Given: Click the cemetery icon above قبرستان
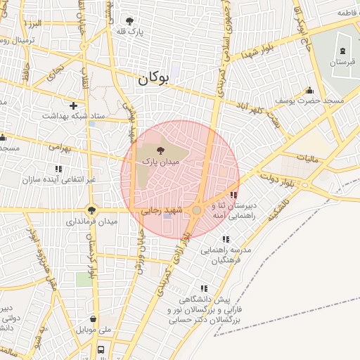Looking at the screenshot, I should pyautogui.click(x=342, y=51).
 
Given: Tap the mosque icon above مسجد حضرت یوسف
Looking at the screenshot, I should pyautogui.click(x=309, y=90).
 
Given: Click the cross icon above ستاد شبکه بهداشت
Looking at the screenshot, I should pyautogui.click(x=72, y=105).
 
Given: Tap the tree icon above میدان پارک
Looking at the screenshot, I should pyautogui.click(x=161, y=150).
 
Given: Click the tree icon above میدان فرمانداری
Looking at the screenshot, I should pyautogui.click(x=91, y=209).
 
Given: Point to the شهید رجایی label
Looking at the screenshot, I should pyautogui.click(x=162, y=210).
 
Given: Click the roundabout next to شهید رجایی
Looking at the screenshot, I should pyautogui.click(x=198, y=210).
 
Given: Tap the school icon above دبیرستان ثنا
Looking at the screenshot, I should pyautogui.click(x=234, y=195).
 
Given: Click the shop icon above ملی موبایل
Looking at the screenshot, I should pyautogui.click(x=93, y=319).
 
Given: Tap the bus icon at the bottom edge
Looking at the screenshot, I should pyautogui.click(x=101, y=349).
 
